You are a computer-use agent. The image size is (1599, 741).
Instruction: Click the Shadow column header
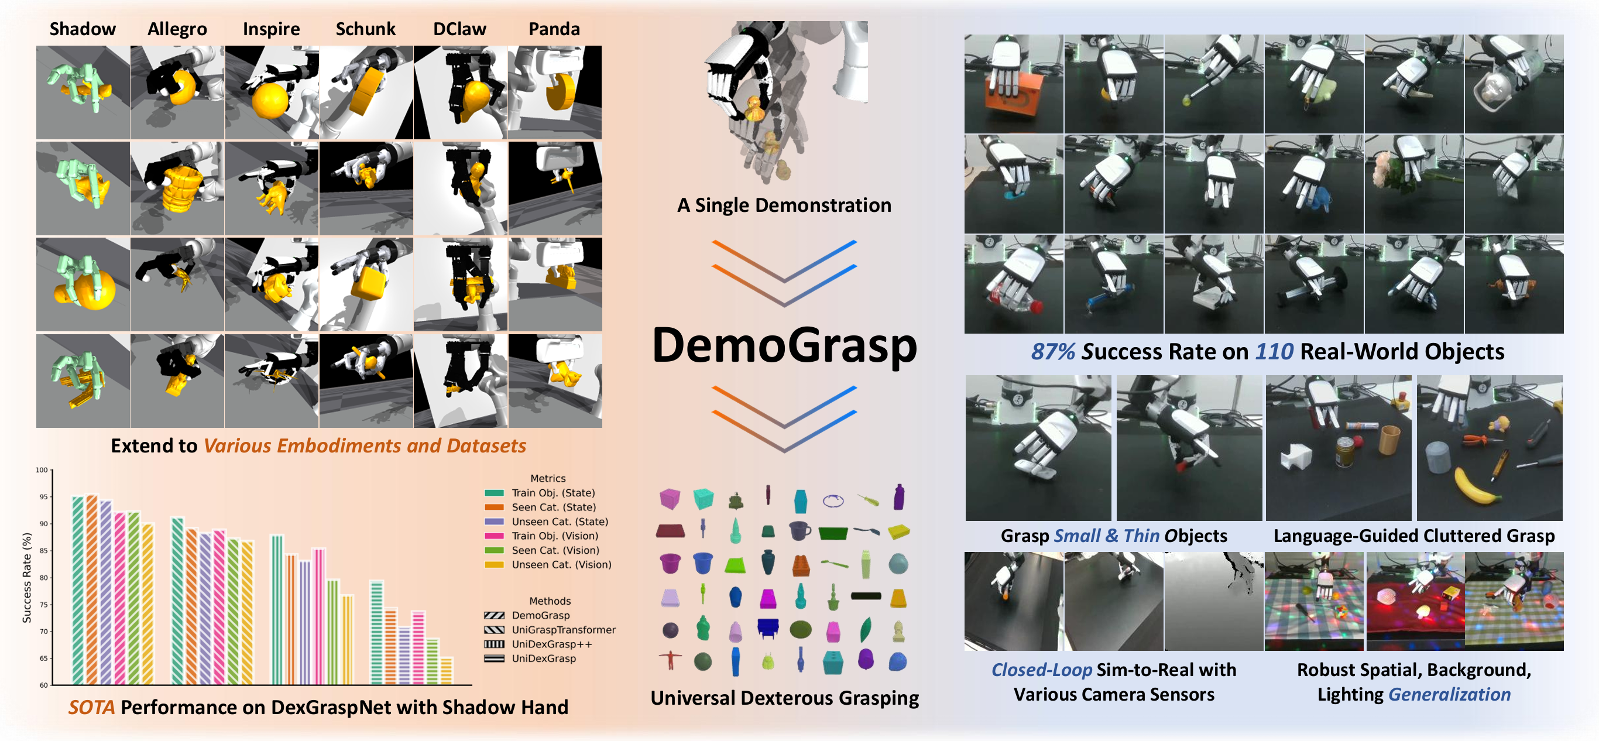(83, 29)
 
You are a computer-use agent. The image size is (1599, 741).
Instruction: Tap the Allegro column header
(177, 29)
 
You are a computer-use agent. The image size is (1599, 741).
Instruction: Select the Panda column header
(554, 29)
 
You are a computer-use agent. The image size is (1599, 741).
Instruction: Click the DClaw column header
(459, 29)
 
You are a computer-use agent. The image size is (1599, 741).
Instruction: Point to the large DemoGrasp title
(784, 345)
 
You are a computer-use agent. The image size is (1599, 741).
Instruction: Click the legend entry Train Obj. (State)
(553, 493)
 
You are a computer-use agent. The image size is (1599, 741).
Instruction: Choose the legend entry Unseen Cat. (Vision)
(561, 565)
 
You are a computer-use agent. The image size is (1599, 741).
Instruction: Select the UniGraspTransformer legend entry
(563, 630)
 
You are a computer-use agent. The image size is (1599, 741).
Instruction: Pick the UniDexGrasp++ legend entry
(551, 644)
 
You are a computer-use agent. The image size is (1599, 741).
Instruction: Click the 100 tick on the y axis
(42, 470)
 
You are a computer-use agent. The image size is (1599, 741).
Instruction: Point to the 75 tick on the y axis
(43, 605)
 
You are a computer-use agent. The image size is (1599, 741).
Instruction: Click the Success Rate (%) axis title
(27, 577)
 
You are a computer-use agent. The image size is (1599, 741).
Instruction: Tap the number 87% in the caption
(1052, 352)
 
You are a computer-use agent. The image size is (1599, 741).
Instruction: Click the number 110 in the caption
(1274, 352)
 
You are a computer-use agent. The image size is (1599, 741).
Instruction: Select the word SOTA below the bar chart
(91, 708)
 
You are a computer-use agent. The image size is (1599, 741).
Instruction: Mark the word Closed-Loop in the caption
(1041, 670)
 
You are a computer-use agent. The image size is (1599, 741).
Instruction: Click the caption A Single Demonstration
(784, 205)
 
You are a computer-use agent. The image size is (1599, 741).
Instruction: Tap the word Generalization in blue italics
(1449, 694)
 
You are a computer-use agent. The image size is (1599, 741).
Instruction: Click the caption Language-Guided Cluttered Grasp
(1413, 536)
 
